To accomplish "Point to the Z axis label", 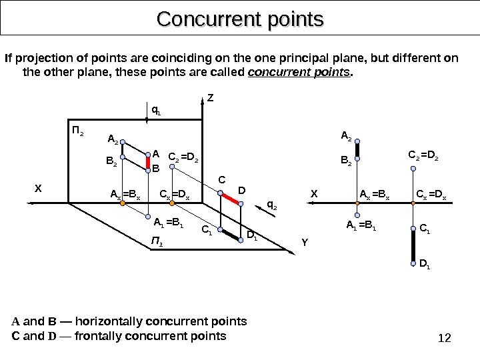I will pos(211,97).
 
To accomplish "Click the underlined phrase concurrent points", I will pos(299,71).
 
